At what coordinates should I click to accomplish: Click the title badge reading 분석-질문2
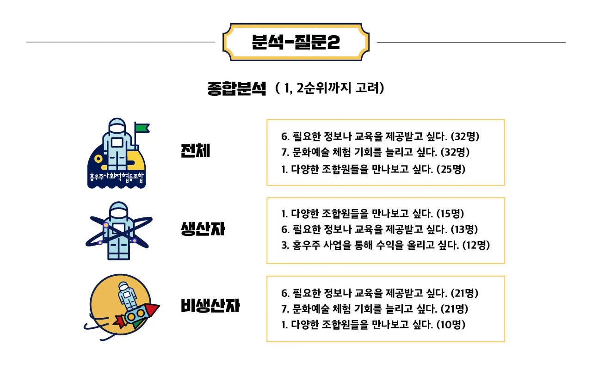click(x=296, y=42)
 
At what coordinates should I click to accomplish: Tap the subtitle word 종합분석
click(x=237, y=88)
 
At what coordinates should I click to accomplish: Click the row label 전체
click(x=195, y=151)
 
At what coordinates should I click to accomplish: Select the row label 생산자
click(x=203, y=228)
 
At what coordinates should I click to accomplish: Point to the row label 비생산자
click(x=210, y=306)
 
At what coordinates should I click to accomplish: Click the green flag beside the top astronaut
click(x=142, y=128)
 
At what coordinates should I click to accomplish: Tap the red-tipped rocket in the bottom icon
click(x=139, y=314)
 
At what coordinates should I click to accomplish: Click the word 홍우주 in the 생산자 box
click(x=303, y=245)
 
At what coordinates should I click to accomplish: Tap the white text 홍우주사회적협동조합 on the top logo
click(x=117, y=177)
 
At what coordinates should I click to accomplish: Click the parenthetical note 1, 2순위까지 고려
click(x=329, y=88)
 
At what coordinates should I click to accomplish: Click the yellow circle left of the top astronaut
click(x=98, y=159)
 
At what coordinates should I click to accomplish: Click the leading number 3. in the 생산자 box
click(x=285, y=245)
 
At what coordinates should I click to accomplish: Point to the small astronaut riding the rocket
click(x=125, y=293)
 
